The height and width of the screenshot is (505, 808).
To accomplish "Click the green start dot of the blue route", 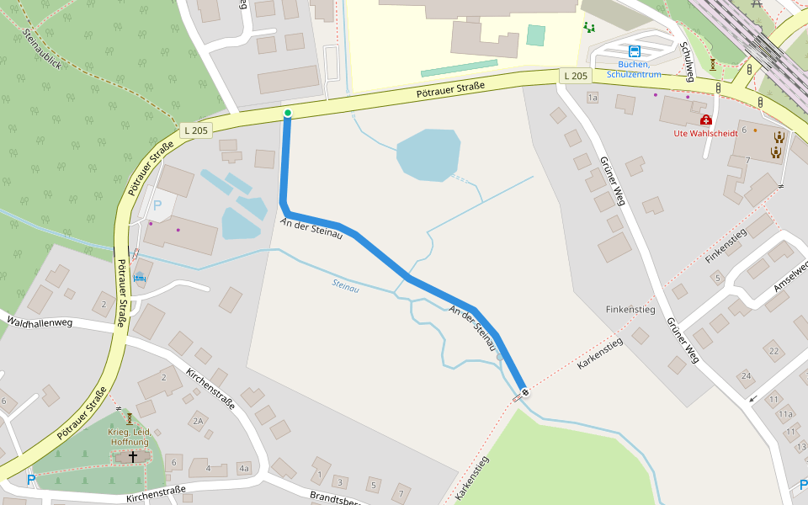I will click(x=287, y=113).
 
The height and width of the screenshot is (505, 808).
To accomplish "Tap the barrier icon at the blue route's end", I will click(x=525, y=391).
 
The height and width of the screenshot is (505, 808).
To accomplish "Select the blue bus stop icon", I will click(x=634, y=50).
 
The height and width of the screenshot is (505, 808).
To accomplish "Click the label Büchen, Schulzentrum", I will click(x=634, y=69).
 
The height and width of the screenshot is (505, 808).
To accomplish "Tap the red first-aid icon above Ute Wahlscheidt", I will click(x=705, y=120).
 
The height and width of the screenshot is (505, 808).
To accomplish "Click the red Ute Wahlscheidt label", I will click(x=705, y=133).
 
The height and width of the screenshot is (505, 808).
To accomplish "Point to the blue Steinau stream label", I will click(x=345, y=287).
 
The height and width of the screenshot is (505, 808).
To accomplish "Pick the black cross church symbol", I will click(x=132, y=456).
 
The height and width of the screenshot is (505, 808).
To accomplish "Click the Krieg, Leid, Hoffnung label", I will click(x=128, y=437).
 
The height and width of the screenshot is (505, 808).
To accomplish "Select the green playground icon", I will click(x=589, y=27).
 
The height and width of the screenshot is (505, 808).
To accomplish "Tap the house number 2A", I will click(x=198, y=421).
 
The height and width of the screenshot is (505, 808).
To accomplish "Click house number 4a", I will click(x=244, y=468).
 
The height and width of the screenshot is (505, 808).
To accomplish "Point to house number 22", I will click(x=773, y=351).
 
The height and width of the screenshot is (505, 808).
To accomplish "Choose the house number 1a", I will click(x=592, y=98).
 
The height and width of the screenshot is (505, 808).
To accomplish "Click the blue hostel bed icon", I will click(x=140, y=278).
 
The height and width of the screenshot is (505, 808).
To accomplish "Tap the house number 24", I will click(x=745, y=375).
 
